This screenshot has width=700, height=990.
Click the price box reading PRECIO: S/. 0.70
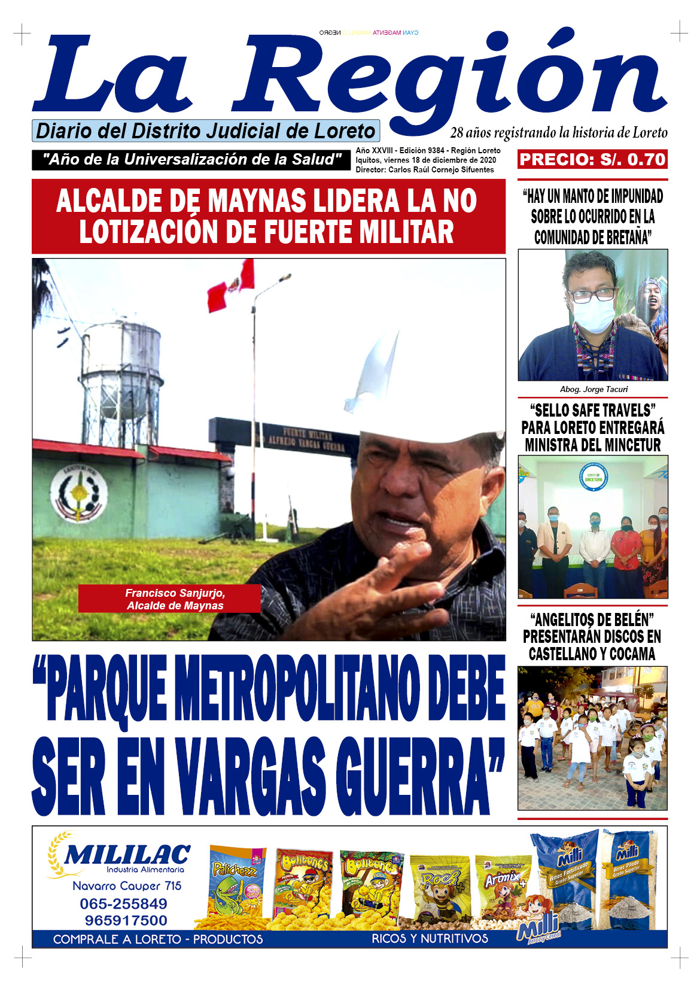pyautogui.click(x=592, y=159)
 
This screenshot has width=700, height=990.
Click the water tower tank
pyautogui.click(x=121, y=350)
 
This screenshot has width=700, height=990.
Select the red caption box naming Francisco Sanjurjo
pyautogui.click(x=169, y=599)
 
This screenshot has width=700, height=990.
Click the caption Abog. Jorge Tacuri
pyautogui.click(x=593, y=389)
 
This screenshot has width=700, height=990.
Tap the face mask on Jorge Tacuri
pyautogui.click(x=594, y=315)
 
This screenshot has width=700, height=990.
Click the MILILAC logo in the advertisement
pyautogui.click(x=127, y=855)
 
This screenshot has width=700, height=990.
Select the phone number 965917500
pyautogui.click(x=126, y=920)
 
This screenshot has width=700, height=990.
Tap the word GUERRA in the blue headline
pyautogui.click(x=416, y=777)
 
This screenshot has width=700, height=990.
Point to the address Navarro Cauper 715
pyautogui.click(x=127, y=886)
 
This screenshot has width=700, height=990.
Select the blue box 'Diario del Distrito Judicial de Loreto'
pyautogui.click(x=206, y=130)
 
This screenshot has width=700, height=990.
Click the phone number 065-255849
pyautogui.click(x=123, y=903)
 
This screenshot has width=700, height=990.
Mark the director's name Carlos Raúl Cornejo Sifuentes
pyautogui.click(x=441, y=170)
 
